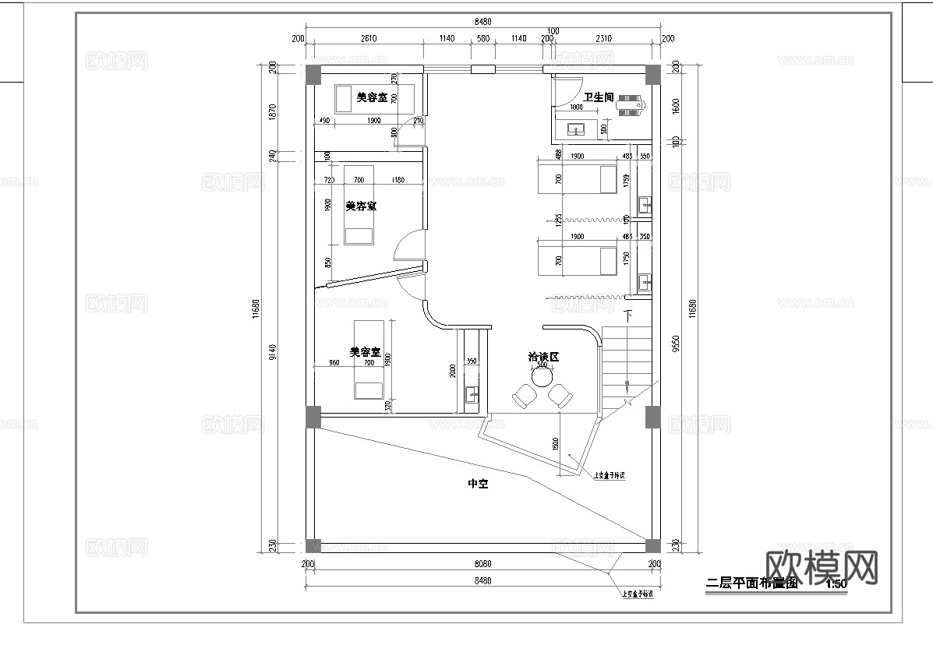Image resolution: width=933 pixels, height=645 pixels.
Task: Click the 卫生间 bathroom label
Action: point(599,97)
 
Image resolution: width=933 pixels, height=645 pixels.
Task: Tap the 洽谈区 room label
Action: point(544,357)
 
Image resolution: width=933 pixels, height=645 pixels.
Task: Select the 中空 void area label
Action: point(477,484)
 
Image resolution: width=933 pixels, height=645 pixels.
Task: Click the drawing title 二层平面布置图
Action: point(752,583)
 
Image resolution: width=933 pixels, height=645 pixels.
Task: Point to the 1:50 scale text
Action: point(836,583)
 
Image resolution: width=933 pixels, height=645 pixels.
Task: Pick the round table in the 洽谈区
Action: point(542,378)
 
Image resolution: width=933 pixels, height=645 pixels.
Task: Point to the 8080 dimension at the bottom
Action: point(482,563)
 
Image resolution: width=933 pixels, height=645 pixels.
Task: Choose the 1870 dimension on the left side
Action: point(272,111)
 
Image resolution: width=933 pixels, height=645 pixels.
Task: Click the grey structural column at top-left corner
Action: point(312,74)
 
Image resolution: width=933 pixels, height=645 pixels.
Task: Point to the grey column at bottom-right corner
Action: point(652,545)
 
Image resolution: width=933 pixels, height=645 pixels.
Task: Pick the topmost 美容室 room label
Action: point(372,97)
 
